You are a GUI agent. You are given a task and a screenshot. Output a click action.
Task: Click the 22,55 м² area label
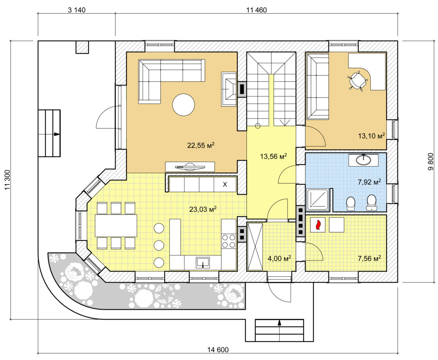(x=200, y=145)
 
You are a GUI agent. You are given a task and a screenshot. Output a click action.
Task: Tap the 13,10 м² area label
(x=371, y=136)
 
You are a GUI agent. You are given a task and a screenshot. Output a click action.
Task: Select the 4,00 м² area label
(x=279, y=258)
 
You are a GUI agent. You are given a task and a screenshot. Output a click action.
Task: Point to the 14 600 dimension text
(x=218, y=350)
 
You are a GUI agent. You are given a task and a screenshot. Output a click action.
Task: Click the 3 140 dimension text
(x=77, y=10)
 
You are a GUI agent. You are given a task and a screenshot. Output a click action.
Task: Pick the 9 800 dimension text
(x=431, y=162)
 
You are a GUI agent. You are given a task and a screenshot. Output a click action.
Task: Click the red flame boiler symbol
(x=318, y=225)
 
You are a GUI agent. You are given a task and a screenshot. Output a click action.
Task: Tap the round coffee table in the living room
(x=183, y=105)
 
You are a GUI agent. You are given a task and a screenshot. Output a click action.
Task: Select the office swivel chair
(x=358, y=81)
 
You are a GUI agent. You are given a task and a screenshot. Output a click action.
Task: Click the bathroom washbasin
(x=363, y=160)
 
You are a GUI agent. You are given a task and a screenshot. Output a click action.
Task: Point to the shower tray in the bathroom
(x=318, y=200)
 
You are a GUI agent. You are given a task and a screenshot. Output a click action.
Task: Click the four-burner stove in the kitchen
(x=228, y=241)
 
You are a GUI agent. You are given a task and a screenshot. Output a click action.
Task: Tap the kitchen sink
(x=203, y=263)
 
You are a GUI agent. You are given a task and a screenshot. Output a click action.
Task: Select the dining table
(x=116, y=225)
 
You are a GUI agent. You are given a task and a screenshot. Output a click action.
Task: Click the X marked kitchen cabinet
(x=225, y=184)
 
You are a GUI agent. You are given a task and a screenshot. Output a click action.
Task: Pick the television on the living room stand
(x=190, y=167)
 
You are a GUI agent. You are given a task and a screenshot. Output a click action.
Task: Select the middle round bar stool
(x=159, y=245)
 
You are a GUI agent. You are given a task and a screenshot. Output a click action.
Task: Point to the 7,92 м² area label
(x=369, y=182)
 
